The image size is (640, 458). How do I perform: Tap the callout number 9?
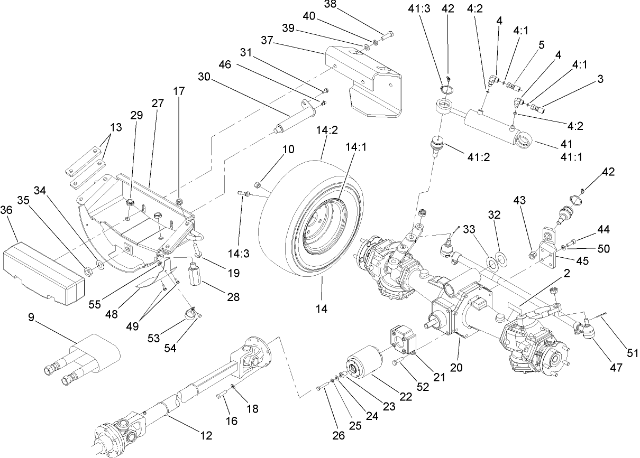tap(31, 319)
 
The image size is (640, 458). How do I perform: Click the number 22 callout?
tap(405, 397)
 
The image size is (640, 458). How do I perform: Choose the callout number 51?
tap(632, 353)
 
